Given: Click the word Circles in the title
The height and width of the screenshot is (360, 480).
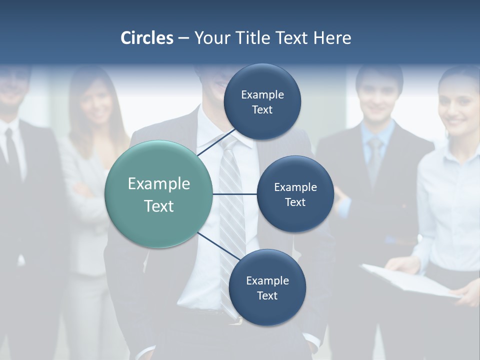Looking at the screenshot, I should click(147, 38).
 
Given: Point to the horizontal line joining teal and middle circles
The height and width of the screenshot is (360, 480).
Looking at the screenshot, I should click(235, 194).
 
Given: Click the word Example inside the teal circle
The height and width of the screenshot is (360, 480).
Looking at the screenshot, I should click(159, 184).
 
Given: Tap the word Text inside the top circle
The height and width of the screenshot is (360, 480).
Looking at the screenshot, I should click(262, 110).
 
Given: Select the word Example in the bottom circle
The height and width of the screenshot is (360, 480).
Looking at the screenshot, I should click(267, 280).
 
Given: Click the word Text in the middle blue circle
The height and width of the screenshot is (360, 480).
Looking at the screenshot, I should click(295, 202).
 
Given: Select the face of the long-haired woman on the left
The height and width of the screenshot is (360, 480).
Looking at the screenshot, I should click(96, 105).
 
